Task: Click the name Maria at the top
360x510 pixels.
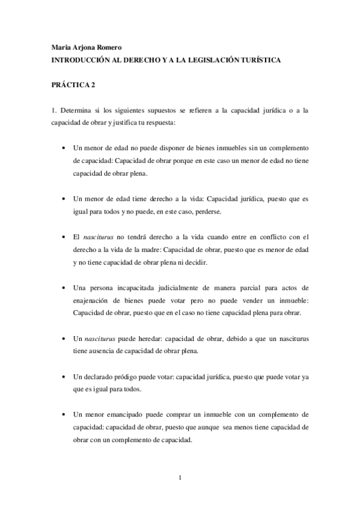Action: (60, 48)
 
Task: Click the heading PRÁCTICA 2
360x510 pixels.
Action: (73, 85)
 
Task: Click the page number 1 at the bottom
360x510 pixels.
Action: (180, 478)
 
